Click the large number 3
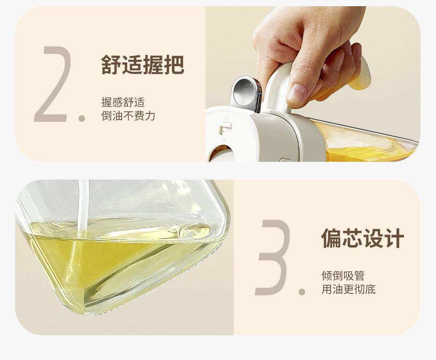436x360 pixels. (x=272, y=257)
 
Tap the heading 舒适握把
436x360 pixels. (x=143, y=65)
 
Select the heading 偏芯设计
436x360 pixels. (x=363, y=238)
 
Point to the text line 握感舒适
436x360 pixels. (x=123, y=102)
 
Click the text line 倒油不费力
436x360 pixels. (x=128, y=116)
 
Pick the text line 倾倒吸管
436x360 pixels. (x=343, y=276)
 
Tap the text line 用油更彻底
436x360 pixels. (x=348, y=289)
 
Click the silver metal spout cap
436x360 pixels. (x=246, y=94)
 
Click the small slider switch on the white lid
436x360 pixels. (x=225, y=128)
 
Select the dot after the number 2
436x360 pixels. (x=82, y=118)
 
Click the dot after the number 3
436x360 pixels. (x=302, y=292)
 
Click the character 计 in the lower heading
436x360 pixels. (x=394, y=238)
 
